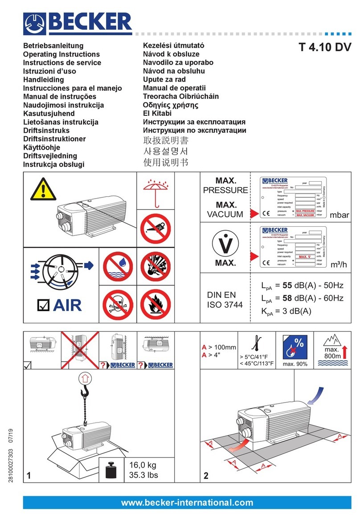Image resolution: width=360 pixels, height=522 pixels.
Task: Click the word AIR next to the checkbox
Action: click(x=68, y=306)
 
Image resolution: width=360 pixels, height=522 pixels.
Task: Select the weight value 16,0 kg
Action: click(x=144, y=465)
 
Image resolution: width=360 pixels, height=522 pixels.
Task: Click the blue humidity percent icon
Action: click(x=296, y=349)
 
